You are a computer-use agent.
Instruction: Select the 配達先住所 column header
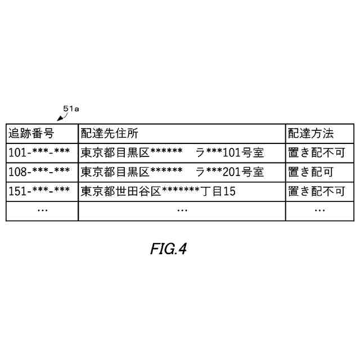click(x=109, y=133)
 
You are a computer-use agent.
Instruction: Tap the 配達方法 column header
click(x=310, y=133)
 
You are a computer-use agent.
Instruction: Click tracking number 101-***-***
click(x=39, y=152)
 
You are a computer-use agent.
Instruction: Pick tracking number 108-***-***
click(x=39, y=172)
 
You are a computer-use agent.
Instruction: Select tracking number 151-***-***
click(x=39, y=191)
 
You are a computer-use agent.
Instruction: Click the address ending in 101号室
click(x=172, y=152)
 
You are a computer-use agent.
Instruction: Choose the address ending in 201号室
click(x=172, y=172)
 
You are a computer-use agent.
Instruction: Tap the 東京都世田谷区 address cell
click(x=157, y=191)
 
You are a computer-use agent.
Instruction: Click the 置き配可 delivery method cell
click(x=310, y=172)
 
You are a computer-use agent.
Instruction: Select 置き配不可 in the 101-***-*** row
click(x=316, y=152)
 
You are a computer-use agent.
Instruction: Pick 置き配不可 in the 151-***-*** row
click(x=316, y=191)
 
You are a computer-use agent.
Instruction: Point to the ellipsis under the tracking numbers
click(x=42, y=210)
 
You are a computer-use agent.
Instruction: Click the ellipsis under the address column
click(x=182, y=210)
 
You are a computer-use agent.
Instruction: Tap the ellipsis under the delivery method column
click(x=319, y=210)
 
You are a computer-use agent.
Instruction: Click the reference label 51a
click(x=71, y=108)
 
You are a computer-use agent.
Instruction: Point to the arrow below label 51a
click(x=62, y=117)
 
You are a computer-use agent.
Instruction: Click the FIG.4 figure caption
click(x=168, y=249)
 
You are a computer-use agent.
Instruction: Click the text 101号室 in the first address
click(x=244, y=152)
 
